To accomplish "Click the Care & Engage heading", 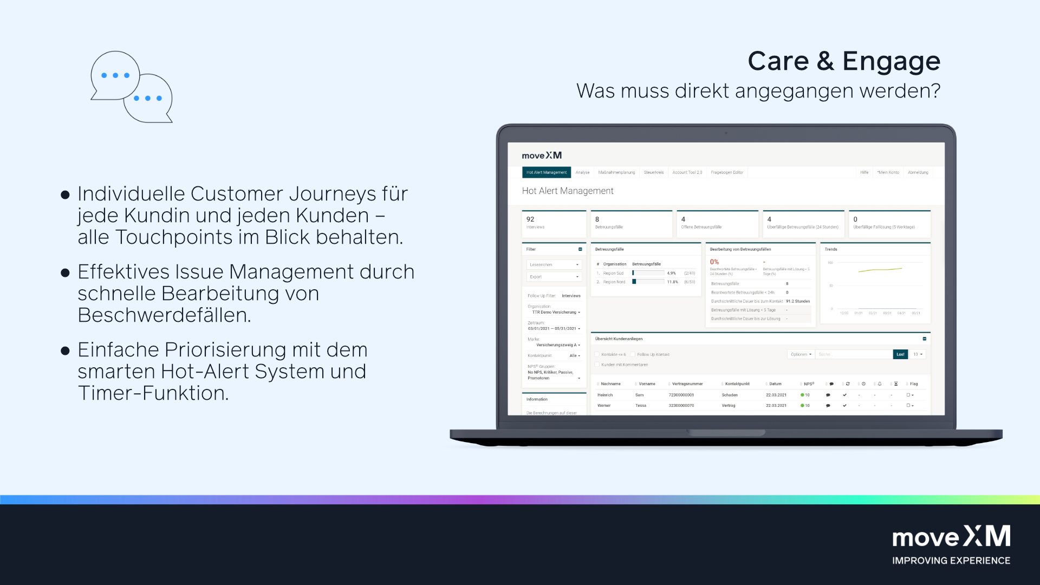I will point(843,61).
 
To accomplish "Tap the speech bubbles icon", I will point(132,87).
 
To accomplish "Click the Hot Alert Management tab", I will point(546,172).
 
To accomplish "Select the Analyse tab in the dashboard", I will point(582,172).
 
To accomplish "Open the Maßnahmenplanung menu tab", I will point(616,172).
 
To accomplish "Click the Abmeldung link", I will point(918,172).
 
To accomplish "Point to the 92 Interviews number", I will point(530,219).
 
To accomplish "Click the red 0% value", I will point(714,262).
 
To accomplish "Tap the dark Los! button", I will point(900,354).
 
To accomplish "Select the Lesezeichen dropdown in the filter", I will point(554,265).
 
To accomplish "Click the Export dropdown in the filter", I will point(554,277).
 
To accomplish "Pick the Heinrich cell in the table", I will point(605,395).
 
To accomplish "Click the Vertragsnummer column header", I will point(687,383).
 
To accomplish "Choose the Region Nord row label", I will point(614,282).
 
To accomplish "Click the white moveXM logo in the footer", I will point(951,537).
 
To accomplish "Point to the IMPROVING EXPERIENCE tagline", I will point(951,561).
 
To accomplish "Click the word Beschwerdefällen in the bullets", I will point(164,315).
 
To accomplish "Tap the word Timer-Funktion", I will point(153,393).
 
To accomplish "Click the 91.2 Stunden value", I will point(798,301).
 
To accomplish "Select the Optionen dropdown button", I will point(801,354).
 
